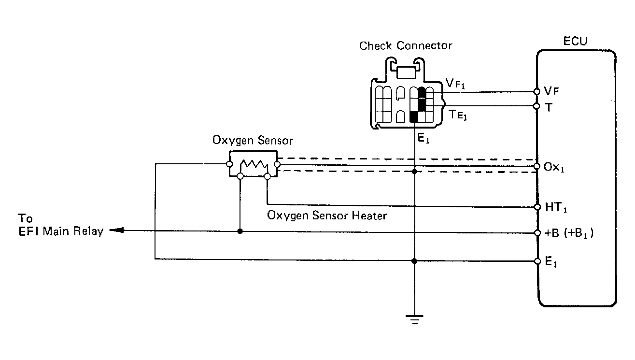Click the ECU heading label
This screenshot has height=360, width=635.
(575, 41)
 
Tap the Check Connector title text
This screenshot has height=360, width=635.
(406, 46)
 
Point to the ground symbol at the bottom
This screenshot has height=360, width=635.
(414, 319)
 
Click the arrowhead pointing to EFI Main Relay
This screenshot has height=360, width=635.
(116, 230)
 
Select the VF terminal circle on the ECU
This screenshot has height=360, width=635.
(536, 91)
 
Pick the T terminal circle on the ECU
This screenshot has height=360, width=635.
(536, 106)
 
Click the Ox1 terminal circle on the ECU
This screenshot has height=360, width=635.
(536, 166)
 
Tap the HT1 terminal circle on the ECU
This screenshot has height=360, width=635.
(537, 207)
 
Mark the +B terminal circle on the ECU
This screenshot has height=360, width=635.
(537, 233)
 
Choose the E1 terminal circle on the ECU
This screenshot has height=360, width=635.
(537, 261)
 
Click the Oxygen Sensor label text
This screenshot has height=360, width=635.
(253, 141)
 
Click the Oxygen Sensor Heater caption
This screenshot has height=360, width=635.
(327, 216)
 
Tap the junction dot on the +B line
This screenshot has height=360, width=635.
(240, 231)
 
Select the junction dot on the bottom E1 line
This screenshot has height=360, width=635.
(414, 261)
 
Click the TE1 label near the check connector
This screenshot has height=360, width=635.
(458, 115)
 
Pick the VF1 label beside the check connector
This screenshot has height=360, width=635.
(455, 84)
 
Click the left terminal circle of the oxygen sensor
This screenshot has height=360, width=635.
(229, 164)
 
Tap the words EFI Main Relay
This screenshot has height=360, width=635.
(61, 231)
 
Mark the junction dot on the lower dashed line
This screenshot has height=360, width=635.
(414, 172)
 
